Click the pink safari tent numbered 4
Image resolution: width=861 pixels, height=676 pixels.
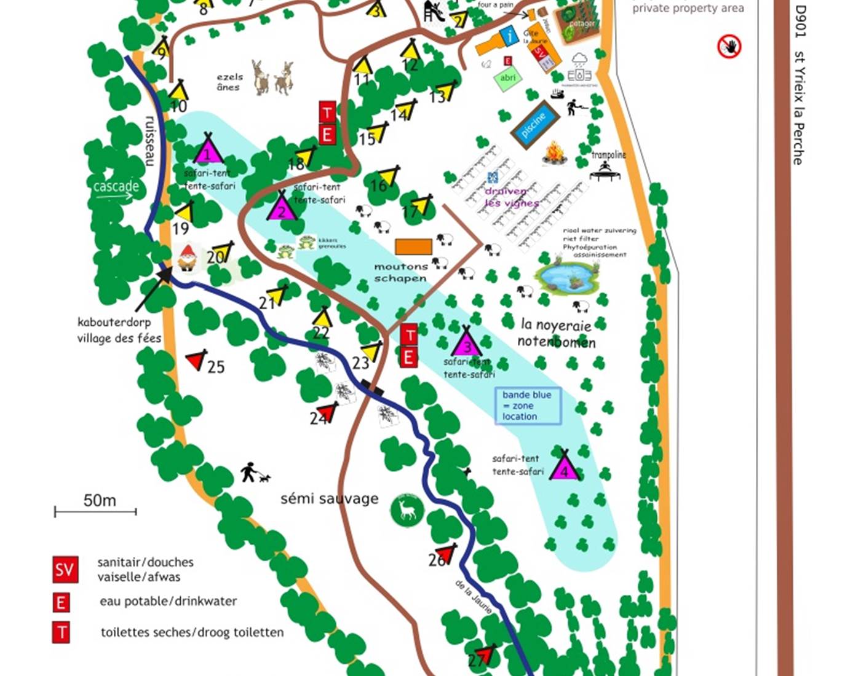click(x=564, y=465)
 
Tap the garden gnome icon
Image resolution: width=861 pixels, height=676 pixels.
click(x=187, y=257)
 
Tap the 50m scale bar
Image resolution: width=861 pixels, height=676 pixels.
click(x=95, y=511)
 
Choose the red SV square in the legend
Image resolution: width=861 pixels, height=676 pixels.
click(x=65, y=570)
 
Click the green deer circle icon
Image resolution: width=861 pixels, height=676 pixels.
click(x=407, y=509)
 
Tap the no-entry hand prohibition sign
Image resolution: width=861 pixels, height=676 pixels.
click(x=729, y=47)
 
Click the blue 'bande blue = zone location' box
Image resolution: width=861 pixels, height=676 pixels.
click(x=528, y=406)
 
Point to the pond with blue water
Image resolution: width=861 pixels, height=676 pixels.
click(x=566, y=278)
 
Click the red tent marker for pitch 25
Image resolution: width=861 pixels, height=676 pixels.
click(x=196, y=360)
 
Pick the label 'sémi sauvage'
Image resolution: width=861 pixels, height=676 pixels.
click(x=329, y=498)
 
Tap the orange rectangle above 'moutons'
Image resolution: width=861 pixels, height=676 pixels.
click(x=413, y=246)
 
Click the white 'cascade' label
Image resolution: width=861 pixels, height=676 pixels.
click(x=116, y=186)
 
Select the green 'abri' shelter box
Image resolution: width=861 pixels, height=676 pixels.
click(x=507, y=79)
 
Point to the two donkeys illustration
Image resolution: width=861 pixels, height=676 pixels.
click(x=272, y=77)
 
